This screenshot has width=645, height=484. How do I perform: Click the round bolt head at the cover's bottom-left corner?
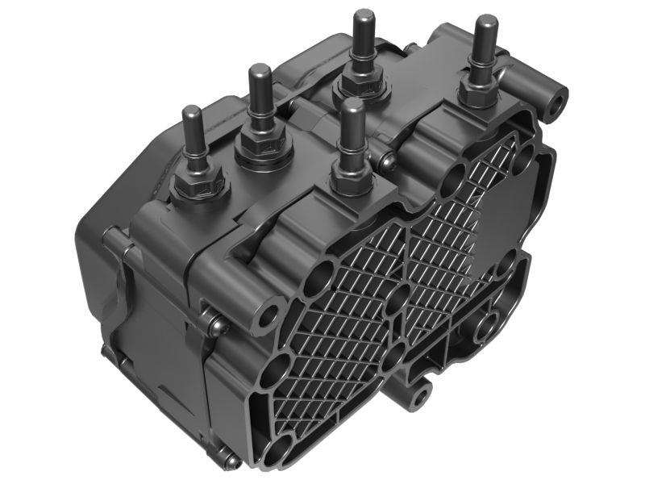tap(231, 461)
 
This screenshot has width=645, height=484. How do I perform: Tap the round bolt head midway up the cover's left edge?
tap(216, 326)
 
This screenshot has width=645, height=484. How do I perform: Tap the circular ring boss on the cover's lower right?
tap(486, 328)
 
